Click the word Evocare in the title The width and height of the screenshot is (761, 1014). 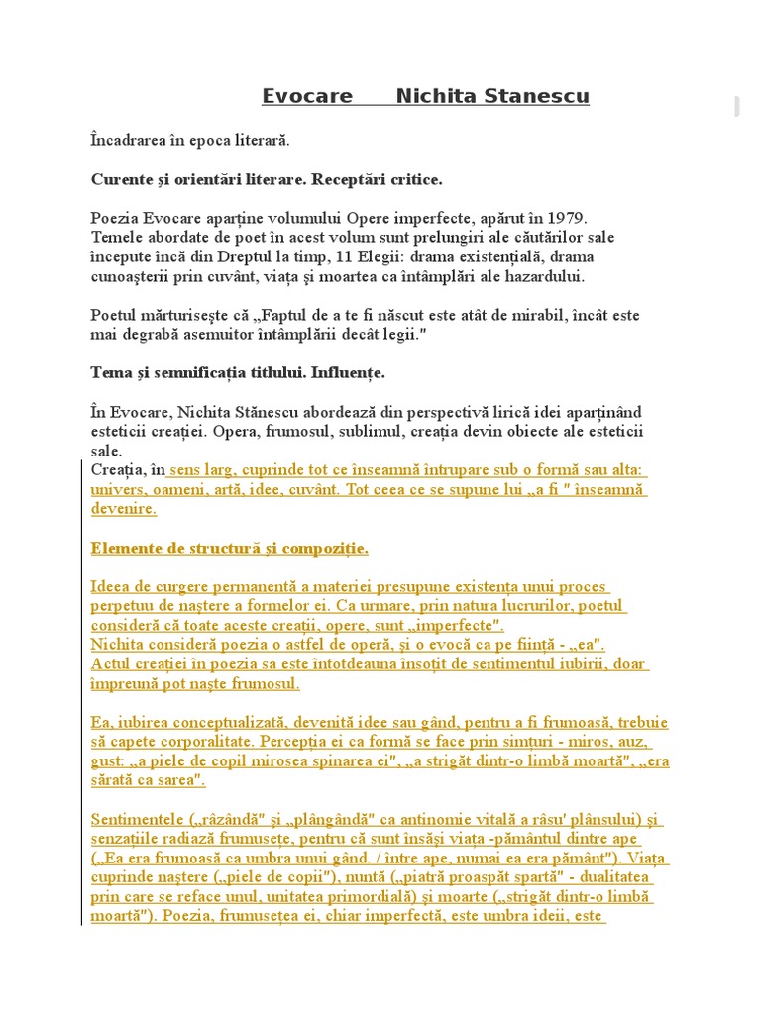pyautogui.click(x=307, y=96)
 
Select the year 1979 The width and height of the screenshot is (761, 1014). pyautogui.click(x=569, y=218)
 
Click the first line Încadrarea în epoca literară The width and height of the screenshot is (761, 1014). pyautogui.click(x=190, y=141)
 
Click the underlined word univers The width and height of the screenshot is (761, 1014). pyautogui.click(x=116, y=490)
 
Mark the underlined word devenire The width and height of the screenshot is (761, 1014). pyautogui.click(x=123, y=509)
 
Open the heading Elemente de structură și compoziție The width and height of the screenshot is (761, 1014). pyautogui.click(x=229, y=548)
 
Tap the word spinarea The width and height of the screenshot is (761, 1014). pyautogui.click(x=394, y=760)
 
